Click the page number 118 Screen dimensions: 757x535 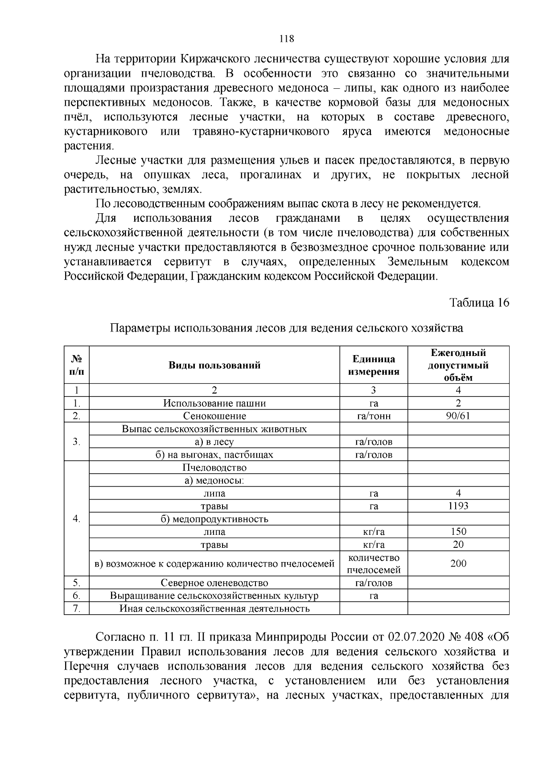click(286, 39)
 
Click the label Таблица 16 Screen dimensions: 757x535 click(479, 303)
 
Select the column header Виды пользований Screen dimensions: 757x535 click(214, 365)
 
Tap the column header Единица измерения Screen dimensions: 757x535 click(374, 365)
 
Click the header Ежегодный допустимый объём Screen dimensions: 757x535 click(458, 365)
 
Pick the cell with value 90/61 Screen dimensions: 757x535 click(458, 416)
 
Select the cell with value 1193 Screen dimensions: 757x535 click(458, 506)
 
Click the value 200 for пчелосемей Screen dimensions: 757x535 click(458, 563)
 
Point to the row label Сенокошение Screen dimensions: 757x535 click(214, 416)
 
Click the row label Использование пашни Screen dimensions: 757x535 click(214, 403)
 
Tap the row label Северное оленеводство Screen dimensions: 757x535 click(214, 583)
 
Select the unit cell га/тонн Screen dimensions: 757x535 click(374, 416)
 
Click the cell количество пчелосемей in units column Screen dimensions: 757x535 click(374, 564)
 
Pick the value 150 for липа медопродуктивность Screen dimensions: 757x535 click(458, 532)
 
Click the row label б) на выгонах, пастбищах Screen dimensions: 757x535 click(214, 455)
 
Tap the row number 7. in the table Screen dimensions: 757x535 click(77, 608)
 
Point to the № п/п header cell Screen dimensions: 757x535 click(77, 365)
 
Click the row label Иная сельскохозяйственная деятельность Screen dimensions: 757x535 click(214, 608)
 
